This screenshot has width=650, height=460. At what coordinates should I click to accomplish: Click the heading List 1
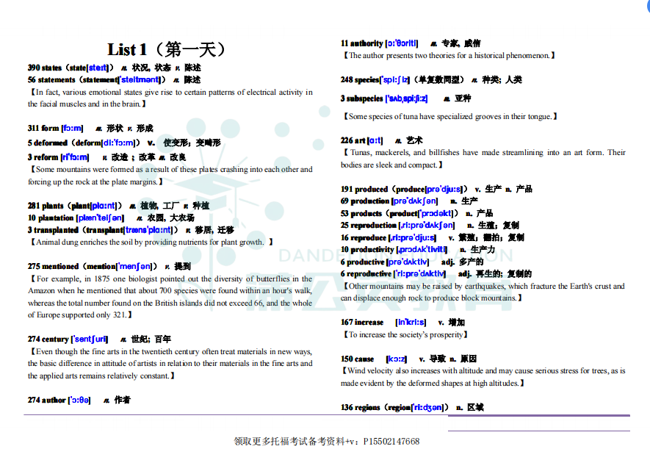pyautogui.click(x=122, y=50)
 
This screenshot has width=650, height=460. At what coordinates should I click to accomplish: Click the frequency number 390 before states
pyautogui.click(x=34, y=68)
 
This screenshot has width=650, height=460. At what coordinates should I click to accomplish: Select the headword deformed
pyautogui.click(x=51, y=143)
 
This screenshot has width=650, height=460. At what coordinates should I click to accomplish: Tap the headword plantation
pyautogui.click(x=55, y=218)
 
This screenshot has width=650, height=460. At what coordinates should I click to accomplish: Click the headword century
pyautogui.click(x=55, y=339)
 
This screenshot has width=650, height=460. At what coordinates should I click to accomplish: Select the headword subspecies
pyautogui.click(x=365, y=98)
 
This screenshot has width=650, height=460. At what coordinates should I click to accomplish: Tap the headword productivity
pyautogui.click(x=372, y=250)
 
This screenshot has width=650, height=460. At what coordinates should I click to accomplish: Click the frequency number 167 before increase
pyautogui.click(x=347, y=323)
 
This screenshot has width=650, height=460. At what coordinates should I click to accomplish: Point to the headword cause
pyautogui.click(x=364, y=359)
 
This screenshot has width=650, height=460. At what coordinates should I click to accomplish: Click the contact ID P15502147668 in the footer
pyautogui.click(x=391, y=442)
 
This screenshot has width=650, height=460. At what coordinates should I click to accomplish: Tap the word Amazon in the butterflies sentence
pyautogui.click(x=41, y=292)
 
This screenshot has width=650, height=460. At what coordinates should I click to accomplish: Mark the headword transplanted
pyautogui.click(x=56, y=231)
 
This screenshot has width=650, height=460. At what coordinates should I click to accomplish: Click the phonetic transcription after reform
pyautogui.click(x=75, y=157)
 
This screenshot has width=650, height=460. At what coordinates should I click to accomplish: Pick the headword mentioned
pyautogui.click(x=59, y=267)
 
